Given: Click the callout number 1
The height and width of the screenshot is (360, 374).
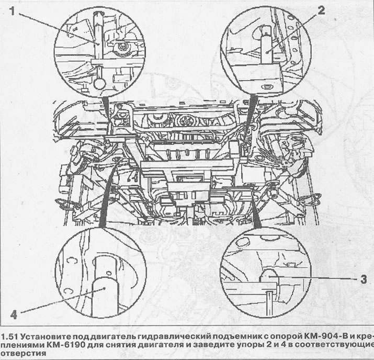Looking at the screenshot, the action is pyautogui.click(x=12, y=11).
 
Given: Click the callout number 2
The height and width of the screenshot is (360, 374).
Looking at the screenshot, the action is pyautogui.click(x=321, y=10).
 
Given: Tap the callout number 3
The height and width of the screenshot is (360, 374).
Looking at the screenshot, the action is pyautogui.click(x=363, y=279).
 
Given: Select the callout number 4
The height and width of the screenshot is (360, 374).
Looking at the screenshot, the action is pyautogui.click(x=14, y=314).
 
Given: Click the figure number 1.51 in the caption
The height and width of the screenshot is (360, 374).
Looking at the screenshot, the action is pyautogui.click(x=9, y=337).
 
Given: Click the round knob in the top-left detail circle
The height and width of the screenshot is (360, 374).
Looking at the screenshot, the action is pyautogui.click(x=99, y=83).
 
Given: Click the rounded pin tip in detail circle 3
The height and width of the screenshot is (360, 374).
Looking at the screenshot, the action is pyautogui.click(x=269, y=275).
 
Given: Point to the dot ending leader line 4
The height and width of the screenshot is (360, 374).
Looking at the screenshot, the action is pyautogui.click(x=105, y=288).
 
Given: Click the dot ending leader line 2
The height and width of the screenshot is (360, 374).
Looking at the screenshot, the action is pyautogui.click(x=268, y=51).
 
